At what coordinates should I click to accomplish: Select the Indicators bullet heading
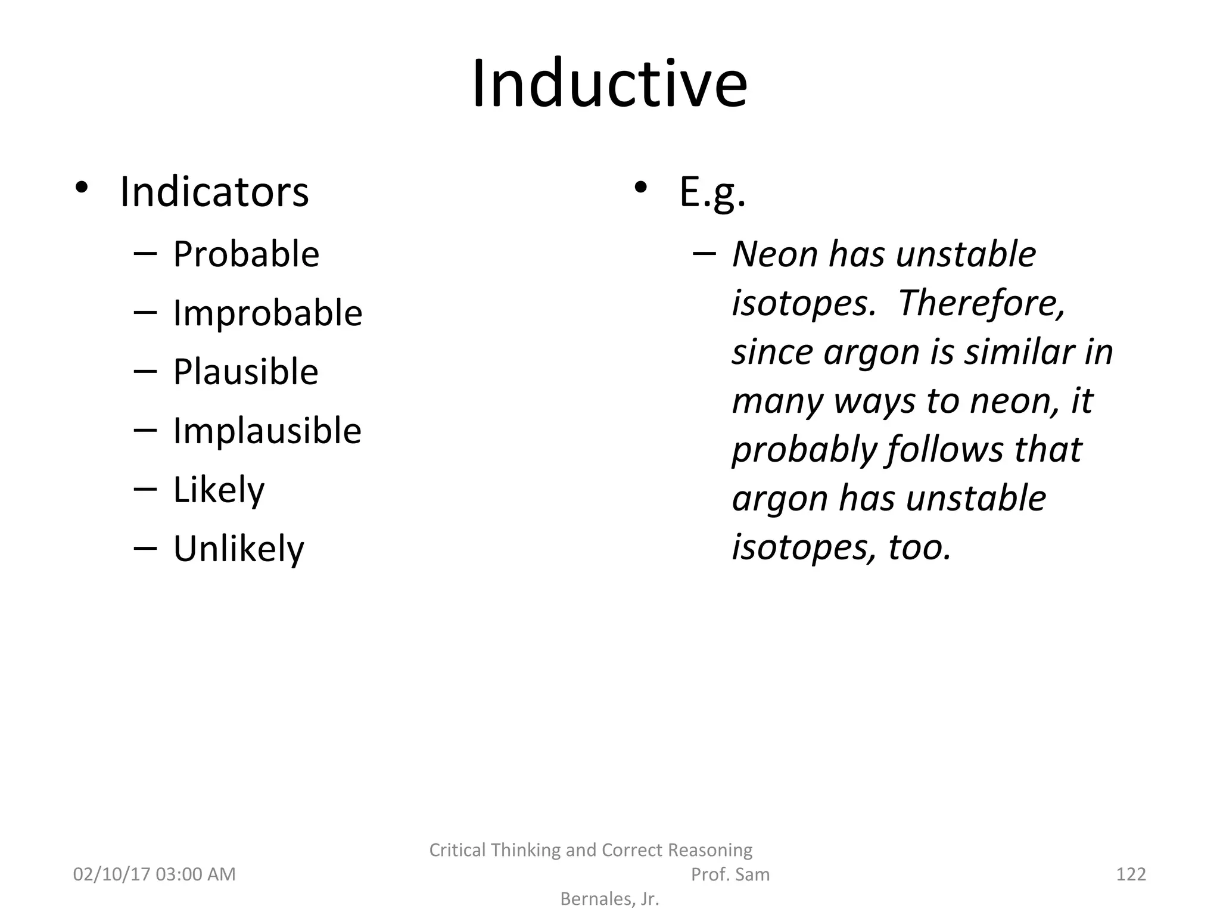[x=214, y=192]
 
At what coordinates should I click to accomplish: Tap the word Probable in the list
[x=246, y=254]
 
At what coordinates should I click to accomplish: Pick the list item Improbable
[x=267, y=313]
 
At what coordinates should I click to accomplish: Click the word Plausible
[x=245, y=372]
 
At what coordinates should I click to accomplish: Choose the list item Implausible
[x=267, y=431]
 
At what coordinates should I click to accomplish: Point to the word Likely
[x=219, y=490]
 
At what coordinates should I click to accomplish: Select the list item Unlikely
[x=238, y=549]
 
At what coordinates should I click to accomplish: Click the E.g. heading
[x=712, y=193]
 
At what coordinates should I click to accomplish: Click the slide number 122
[x=1131, y=874]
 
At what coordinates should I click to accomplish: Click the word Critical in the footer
[x=459, y=850]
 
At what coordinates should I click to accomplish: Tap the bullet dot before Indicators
[x=82, y=188]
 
